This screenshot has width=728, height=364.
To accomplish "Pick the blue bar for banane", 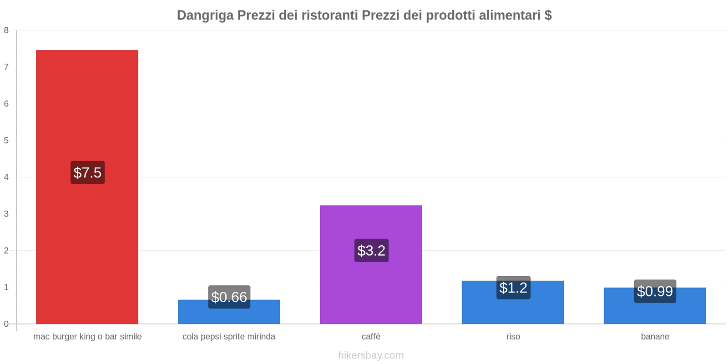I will coord(654,312).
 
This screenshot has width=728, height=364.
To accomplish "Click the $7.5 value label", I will coord(87,173).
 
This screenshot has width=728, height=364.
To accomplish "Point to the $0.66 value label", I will coord(229,297).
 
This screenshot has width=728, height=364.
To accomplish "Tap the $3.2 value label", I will coord(371,251).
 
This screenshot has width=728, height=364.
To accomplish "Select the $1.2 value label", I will coord(513,288).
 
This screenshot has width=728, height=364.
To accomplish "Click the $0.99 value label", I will coord(655,291).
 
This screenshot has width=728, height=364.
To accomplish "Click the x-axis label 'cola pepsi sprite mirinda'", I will coord(229,337).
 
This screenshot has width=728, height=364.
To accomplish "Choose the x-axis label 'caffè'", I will coord(371,337).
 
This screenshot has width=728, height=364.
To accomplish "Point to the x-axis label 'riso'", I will coord(513,337).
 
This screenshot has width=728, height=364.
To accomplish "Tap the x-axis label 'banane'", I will coord(655,337).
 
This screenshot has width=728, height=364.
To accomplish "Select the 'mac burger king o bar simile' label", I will coord(87,337).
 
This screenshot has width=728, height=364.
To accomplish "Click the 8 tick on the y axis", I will coord(6,30).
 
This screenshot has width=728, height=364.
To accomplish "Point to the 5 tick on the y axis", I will coord(6,141).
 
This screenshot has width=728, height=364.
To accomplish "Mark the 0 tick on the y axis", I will coord(6,324).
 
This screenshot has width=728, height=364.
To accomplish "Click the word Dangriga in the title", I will coord(205,15).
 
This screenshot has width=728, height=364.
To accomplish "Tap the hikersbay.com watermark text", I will coord(371,355).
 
